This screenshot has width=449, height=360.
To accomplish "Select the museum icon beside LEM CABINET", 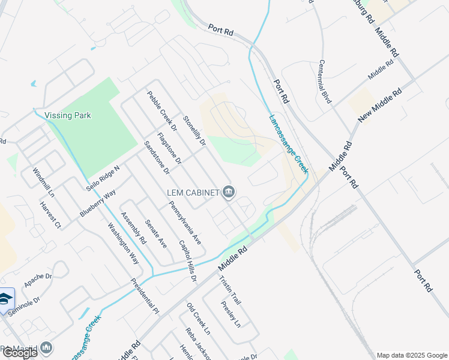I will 229,192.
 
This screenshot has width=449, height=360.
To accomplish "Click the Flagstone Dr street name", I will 169,149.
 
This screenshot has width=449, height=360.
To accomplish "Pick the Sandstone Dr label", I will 157,157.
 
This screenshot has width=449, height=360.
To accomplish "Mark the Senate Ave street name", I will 156,233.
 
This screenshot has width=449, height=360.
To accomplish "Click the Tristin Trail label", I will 230,290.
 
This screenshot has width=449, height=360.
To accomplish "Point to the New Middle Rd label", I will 379,107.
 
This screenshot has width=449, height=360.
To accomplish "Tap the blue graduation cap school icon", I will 5,298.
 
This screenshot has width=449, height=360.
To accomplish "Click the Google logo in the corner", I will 20,353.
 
